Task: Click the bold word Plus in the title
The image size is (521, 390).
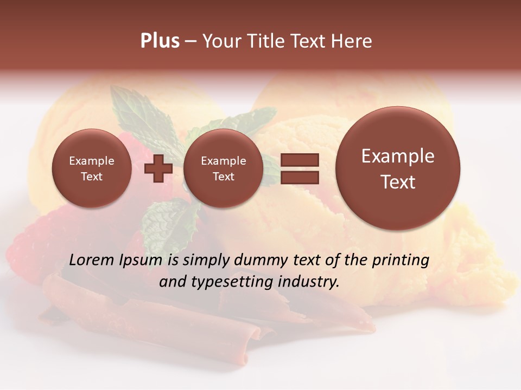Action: point(160,41)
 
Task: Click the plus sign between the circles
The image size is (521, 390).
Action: point(158,168)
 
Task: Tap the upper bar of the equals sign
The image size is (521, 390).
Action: point(300,160)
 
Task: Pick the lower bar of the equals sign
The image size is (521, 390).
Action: point(300,177)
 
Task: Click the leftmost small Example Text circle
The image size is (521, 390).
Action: point(92,168)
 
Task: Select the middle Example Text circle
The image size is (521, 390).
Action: point(224,168)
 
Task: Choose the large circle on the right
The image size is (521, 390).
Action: point(398,168)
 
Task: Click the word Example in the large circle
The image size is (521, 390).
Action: point(398,156)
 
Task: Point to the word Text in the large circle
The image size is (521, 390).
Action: point(398,182)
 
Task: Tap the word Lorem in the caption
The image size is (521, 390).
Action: point(92,260)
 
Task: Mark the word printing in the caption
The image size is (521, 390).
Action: point(400,261)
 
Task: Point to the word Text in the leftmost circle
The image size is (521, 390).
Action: point(92,177)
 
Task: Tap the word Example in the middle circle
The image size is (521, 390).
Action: point(224,161)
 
